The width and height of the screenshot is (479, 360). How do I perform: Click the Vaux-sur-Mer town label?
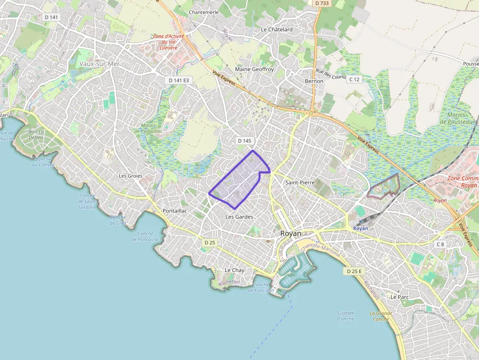[x=100, y=64]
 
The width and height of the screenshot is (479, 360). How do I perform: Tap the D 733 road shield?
[x=322, y=3]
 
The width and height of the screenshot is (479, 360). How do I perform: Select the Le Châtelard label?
[x=277, y=29]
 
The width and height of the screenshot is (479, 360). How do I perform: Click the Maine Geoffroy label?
[x=255, y=69]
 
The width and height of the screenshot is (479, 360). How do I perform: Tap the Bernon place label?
[x=314, y=81]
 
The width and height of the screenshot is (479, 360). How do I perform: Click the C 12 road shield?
[x=354, y=79]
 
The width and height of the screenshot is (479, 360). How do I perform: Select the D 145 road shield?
[x=244, y=141]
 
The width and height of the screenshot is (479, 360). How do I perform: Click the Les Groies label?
[x=131, y=176]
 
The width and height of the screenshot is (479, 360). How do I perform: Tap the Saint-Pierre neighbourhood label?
[x=300, y=182]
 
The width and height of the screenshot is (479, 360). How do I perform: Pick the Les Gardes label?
[x=239, y=216]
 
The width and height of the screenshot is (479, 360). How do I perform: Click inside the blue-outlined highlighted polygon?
[x=237, y=181]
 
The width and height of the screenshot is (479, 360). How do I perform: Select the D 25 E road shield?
[x=354, y=271]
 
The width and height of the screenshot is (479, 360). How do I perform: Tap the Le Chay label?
[x=234, y=270]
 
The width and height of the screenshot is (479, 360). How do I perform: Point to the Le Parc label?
[x=399, y=296]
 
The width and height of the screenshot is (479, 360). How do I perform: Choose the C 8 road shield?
[x=441, y=244]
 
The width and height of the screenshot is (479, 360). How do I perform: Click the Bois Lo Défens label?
[x=36, y=135]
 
